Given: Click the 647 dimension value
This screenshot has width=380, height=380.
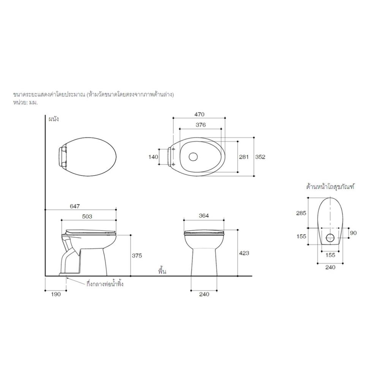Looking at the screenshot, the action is click(74, 206).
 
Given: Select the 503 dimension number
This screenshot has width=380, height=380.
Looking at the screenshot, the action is click(87, 217).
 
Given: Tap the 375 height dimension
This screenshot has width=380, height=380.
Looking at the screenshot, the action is click(137, 256).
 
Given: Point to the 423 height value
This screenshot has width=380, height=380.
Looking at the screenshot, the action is click(244, 253).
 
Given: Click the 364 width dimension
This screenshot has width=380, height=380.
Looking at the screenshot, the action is click(204, 216).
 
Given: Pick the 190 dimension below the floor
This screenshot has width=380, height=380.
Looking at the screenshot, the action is click(56, 294).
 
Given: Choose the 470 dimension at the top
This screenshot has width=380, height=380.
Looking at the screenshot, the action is click(199, 114).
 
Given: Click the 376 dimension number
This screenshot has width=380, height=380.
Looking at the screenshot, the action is click(201, 125).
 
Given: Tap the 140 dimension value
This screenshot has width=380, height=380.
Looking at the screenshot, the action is click(153, 157).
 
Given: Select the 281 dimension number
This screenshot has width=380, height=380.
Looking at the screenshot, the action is click(244, 157).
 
